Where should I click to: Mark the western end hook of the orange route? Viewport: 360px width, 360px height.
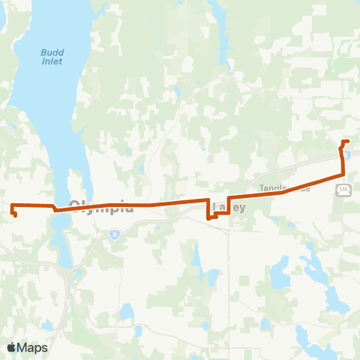(15, 214)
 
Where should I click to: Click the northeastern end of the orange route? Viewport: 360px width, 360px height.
(346, 141)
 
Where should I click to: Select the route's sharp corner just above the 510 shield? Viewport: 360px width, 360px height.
(343, 175)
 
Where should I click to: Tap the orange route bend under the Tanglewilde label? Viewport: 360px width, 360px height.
(283, 192)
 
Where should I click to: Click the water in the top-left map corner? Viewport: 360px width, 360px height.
(3, 15)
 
